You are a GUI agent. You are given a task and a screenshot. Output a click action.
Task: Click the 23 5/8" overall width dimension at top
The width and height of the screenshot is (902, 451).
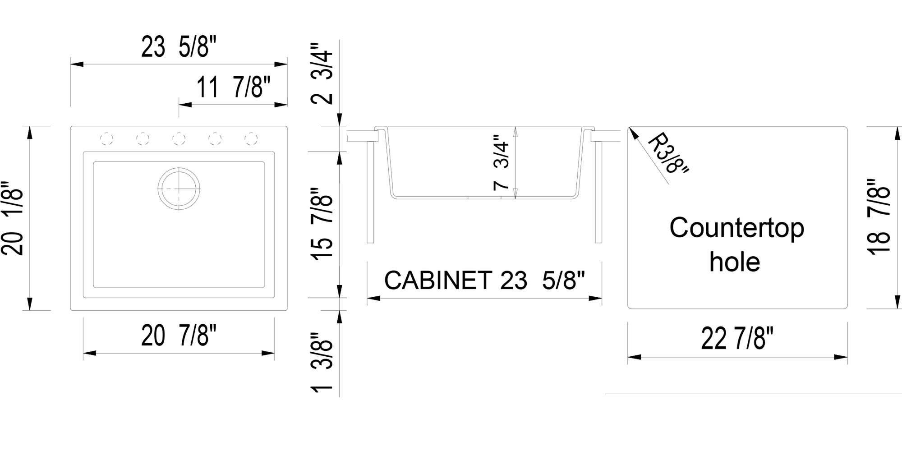click(x=179, y=47)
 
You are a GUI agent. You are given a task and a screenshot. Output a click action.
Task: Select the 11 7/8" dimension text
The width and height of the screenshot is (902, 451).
click(x=233, y=87)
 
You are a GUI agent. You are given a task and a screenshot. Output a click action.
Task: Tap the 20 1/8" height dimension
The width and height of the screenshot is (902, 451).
click(x=13, y=218)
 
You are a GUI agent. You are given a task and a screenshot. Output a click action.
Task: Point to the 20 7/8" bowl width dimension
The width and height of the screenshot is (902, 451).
click(x=179, y=336)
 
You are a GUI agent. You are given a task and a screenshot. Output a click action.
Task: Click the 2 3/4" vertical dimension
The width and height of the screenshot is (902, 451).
click(x=322, y=74)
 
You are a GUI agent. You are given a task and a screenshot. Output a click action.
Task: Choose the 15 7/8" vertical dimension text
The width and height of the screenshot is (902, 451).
click(x=322, y=224)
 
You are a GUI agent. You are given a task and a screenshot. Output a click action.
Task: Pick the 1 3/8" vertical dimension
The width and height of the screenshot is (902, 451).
click(x=322, y=363)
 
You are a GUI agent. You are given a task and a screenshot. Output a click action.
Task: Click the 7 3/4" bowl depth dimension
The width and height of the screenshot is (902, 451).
click(x=502, y=162)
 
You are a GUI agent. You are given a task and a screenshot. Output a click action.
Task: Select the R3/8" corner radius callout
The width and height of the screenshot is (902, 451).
click(x=667, y=153)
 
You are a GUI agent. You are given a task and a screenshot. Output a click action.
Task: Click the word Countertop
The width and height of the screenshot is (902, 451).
click(x=736, y=228)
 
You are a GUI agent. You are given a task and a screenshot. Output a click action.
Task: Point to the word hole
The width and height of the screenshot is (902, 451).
click(x=735, y=262)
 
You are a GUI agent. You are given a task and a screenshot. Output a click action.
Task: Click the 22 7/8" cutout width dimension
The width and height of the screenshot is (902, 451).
click(x=737, y=339)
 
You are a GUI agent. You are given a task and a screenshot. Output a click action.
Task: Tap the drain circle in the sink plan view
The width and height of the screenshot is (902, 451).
click(x=179, y=189)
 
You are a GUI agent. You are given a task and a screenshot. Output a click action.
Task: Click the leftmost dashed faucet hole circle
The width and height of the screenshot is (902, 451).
click(x=107, y=138)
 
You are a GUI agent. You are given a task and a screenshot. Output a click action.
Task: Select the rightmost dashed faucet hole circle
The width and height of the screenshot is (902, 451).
click(x=251, y=138)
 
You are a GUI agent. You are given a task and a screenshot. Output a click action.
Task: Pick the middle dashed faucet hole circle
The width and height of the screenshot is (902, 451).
click(x=179, y=138)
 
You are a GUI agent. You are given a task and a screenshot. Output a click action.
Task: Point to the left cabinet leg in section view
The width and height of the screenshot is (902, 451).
click(x=370, y=192)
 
